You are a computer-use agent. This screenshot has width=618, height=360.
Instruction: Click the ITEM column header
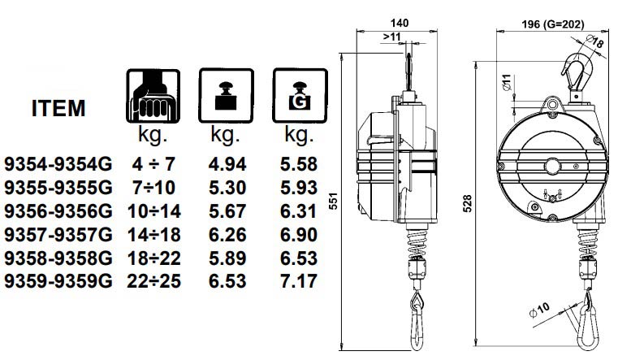click(58, 109)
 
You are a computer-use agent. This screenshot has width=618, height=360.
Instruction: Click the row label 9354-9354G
click(57, 163)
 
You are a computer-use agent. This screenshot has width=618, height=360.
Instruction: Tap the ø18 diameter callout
click(598, 43)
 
